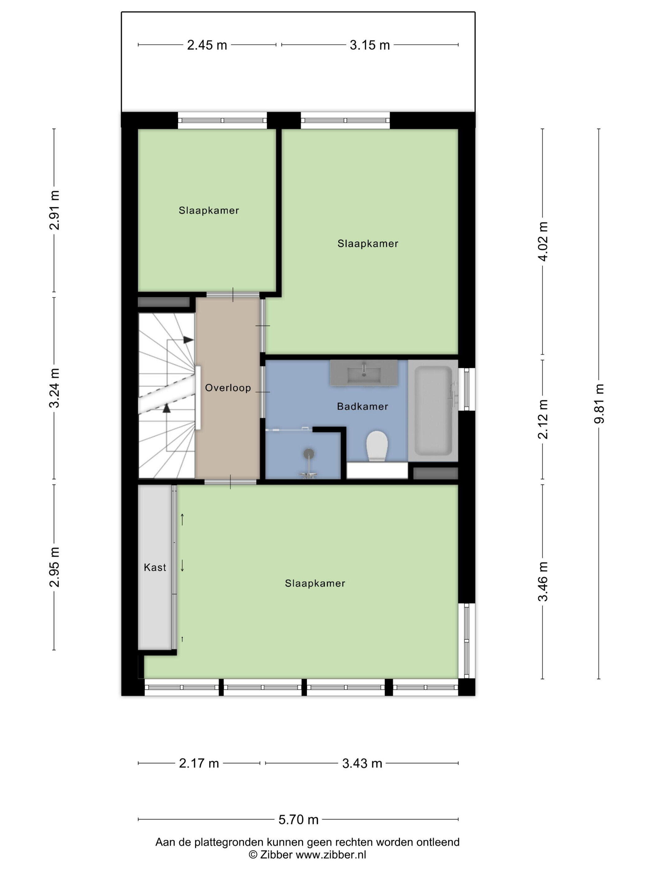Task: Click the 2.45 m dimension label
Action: (207, 45)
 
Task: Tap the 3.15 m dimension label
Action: (370, 45)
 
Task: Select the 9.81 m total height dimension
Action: (599, 404)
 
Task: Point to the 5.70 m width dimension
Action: (298, 820)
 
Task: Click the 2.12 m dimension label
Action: (543, 419)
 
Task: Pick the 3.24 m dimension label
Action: (54, 388)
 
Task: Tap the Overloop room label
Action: (228, 388)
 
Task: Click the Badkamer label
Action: (363, 406)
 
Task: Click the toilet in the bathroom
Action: (377, 446)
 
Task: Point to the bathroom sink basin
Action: (364, 373)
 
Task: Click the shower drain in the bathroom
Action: (309, 454)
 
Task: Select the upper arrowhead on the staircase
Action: (188, 340)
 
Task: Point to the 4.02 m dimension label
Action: (543, 241)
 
